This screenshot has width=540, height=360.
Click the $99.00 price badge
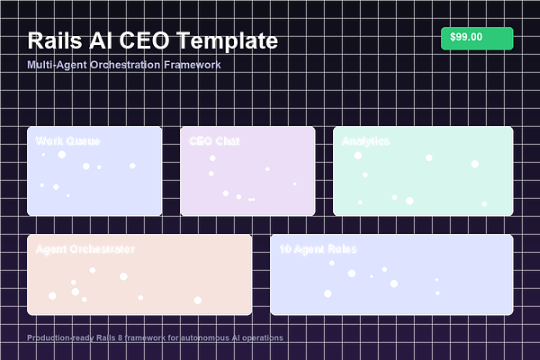point(476,37)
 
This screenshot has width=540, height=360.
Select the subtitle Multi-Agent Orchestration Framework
point(124,65)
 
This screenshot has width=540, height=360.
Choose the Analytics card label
point(365,141)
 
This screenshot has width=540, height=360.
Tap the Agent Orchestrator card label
point(85,249)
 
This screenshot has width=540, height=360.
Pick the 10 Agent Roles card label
point(318,249)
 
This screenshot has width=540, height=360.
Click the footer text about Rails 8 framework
point(155,338)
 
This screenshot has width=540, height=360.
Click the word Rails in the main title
point(56,40)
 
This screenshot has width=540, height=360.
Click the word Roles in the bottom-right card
point(341,249)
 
